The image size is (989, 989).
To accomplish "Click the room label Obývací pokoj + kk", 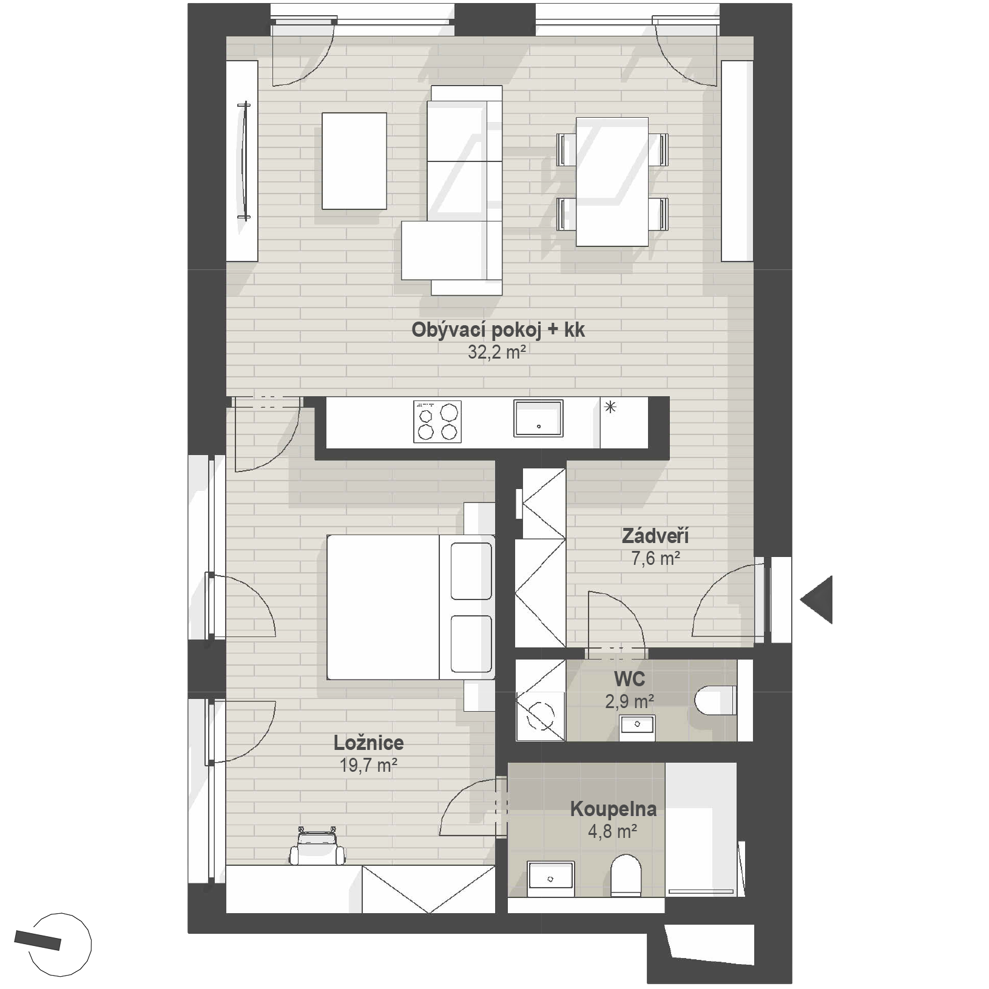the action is [x=498, y=330].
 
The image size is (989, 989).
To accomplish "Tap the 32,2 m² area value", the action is [x=496, y=352].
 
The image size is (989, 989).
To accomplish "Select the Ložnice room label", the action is [x=368, y=743].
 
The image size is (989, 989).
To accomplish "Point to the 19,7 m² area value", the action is [x=368, y=765].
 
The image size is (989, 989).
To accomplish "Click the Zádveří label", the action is [x=655, y=536].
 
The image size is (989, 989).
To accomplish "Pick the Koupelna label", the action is [x=613, y=809].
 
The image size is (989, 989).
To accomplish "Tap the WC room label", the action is [x=629, y=678].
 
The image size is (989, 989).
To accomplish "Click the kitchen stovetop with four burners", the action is [x=437, y=421].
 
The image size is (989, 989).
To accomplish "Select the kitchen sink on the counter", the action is [x=538, y=418].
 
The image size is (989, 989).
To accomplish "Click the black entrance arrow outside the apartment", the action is [x=817, y=599].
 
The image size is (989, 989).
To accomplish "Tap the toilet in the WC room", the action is [x=716, y=700].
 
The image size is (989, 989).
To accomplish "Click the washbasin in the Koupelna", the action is [x=551, y=879].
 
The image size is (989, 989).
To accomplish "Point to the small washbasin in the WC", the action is [x=637, y=724].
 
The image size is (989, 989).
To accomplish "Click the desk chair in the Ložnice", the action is [x=317, y=845].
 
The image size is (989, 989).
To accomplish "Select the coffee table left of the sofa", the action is [x=354, y=161].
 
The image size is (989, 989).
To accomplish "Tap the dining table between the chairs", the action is [x=612, y=182].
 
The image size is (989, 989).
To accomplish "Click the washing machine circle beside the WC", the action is [x=541, y=716].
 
